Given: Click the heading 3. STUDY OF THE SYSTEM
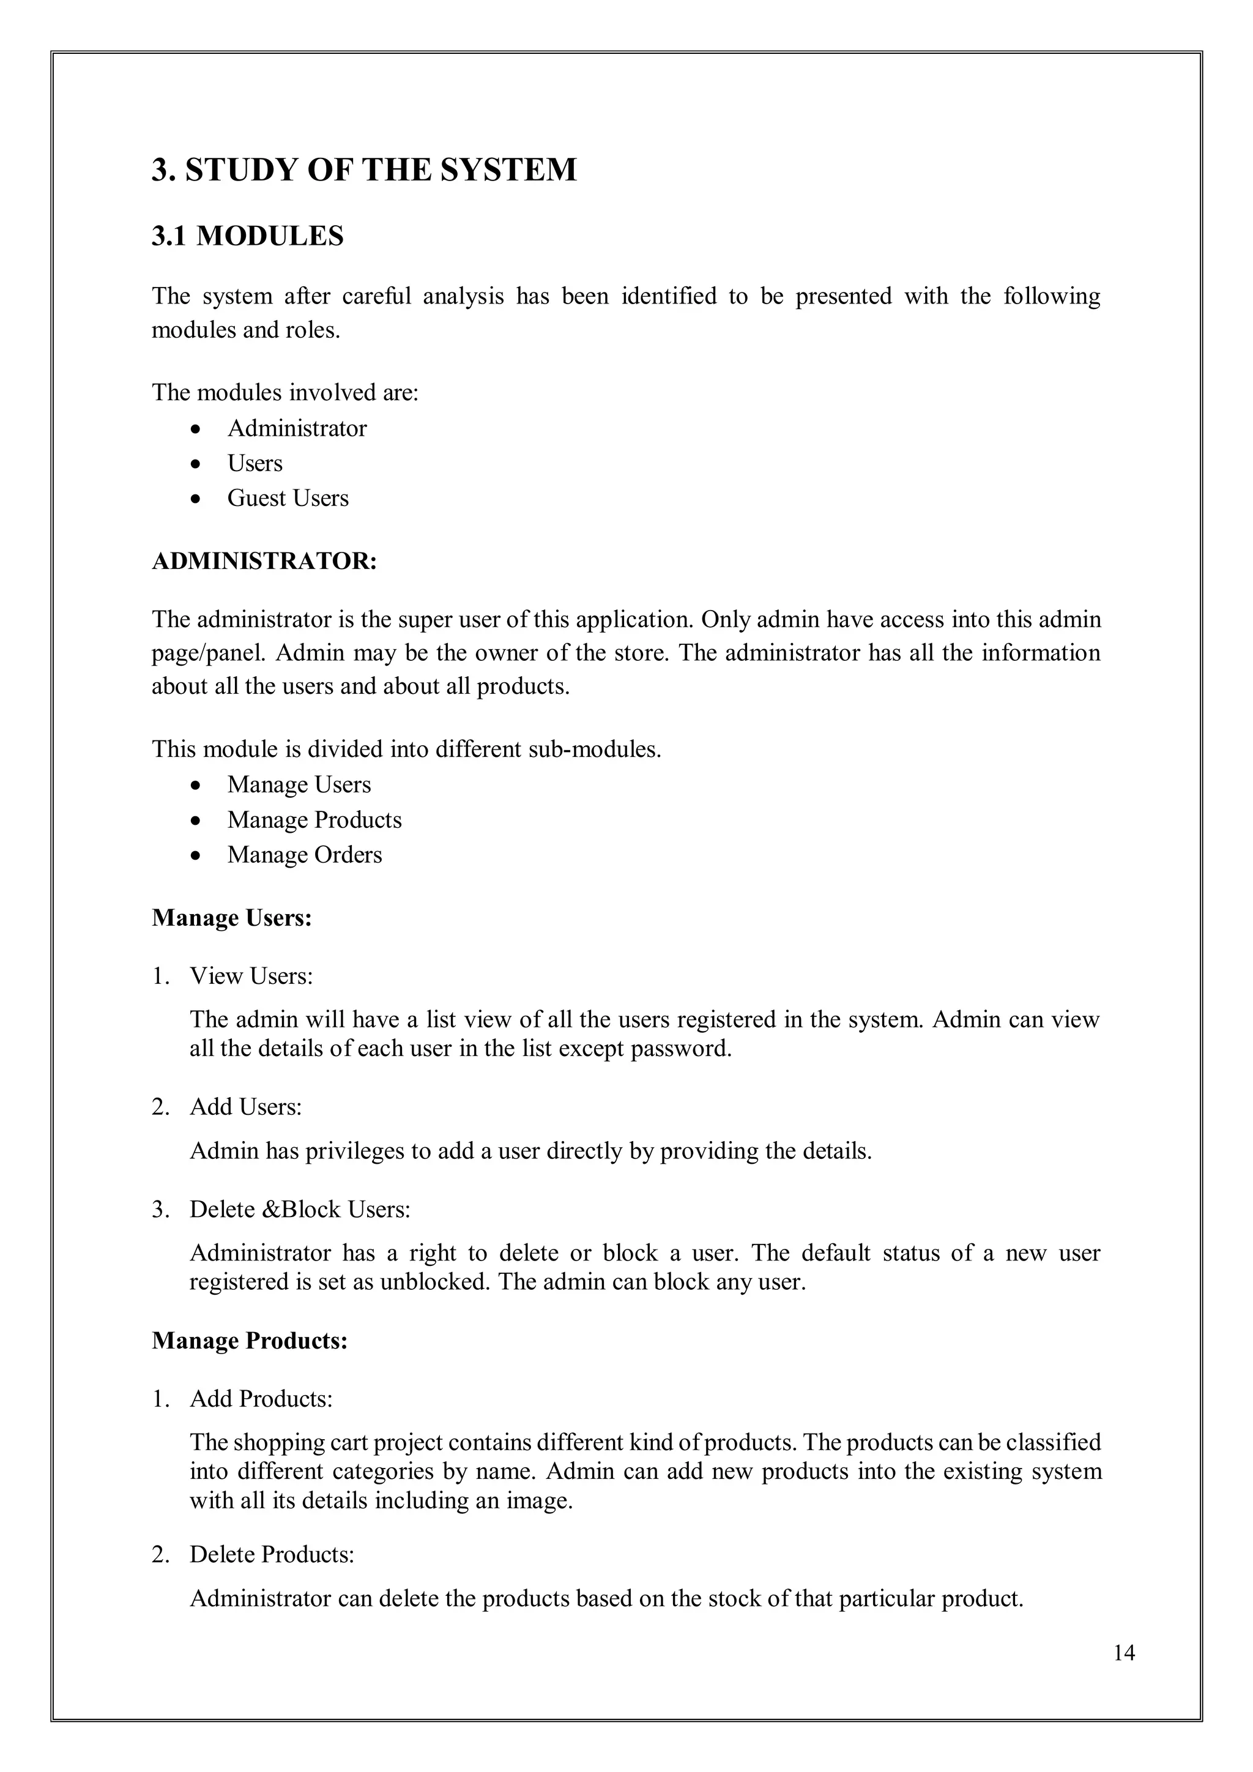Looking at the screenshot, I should (x=363, y=169).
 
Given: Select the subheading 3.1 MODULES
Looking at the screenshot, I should (x=248, y=236).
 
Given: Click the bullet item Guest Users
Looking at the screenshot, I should (x=288, y=499).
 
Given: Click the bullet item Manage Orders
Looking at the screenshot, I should (x=305, y=855).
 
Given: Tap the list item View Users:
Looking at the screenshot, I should (x=251, y=977).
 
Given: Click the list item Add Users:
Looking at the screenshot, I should (x=246, y=1107).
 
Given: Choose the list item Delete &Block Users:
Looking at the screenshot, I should (x=300, y=1209).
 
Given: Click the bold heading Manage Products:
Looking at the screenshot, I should (x=250, y=1341).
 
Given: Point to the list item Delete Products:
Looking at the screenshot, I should (x=272, y=1554).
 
